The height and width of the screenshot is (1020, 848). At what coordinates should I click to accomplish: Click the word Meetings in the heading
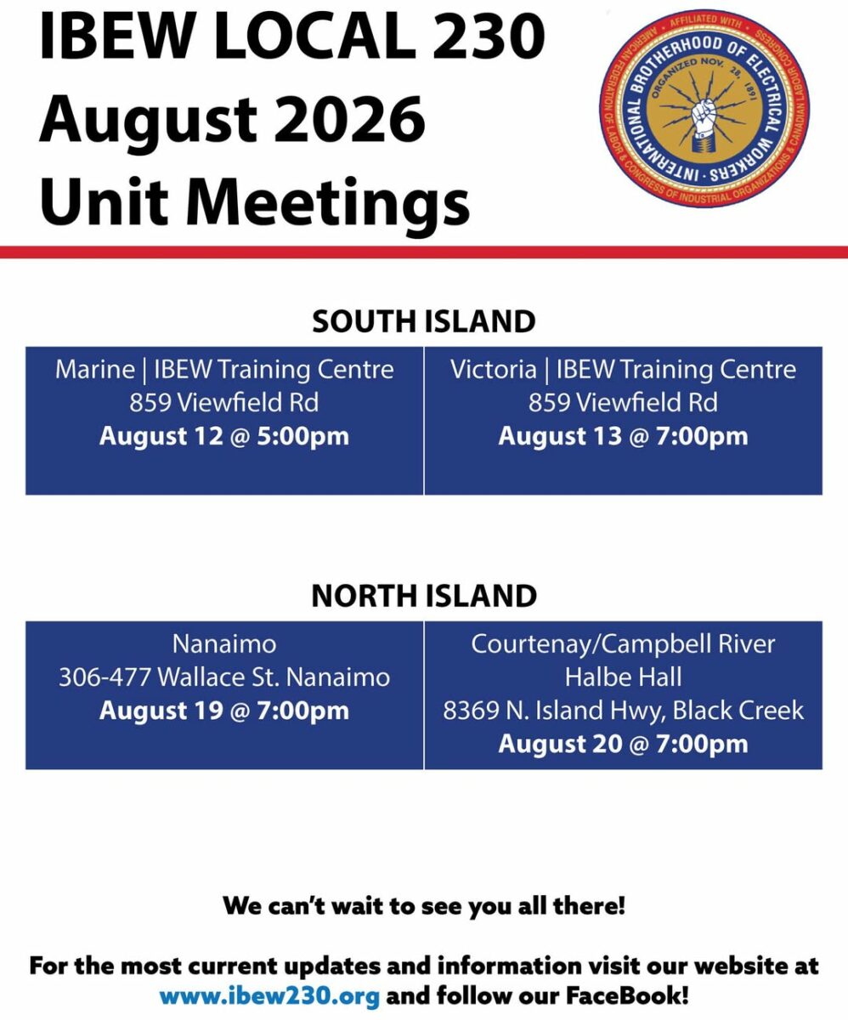(328, 201)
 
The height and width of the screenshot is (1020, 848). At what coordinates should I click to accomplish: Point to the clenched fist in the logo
(704, 117)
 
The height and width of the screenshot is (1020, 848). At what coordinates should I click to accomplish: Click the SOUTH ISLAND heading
(424, 321)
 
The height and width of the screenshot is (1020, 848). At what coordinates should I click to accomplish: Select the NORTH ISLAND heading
(424, 596)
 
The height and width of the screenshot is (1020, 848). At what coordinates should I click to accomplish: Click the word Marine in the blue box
(95, 369)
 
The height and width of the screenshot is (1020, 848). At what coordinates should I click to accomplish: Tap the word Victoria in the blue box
(494, 369)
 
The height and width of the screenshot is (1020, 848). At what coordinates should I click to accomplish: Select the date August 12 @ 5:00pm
(224, 436)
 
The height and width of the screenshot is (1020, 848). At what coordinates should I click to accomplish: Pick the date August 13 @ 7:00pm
(624, 436)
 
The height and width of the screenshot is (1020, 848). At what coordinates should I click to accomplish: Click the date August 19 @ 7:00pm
(224, 711)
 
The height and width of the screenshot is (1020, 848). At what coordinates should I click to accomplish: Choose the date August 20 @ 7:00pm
(624, 744)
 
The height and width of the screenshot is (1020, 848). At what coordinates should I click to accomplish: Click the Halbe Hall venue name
(624, 677)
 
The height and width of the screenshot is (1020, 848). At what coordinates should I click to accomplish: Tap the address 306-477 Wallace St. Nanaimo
(224, 677)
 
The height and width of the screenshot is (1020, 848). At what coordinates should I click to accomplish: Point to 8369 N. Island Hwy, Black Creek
(624, 711)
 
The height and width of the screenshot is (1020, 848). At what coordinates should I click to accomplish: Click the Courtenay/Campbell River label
(624, 644)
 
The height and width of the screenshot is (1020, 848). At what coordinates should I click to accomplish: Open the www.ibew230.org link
(269, 995)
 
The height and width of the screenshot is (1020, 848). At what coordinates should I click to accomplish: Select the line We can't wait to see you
(423, 906)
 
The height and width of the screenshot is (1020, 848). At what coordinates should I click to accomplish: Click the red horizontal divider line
(424, 252)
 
